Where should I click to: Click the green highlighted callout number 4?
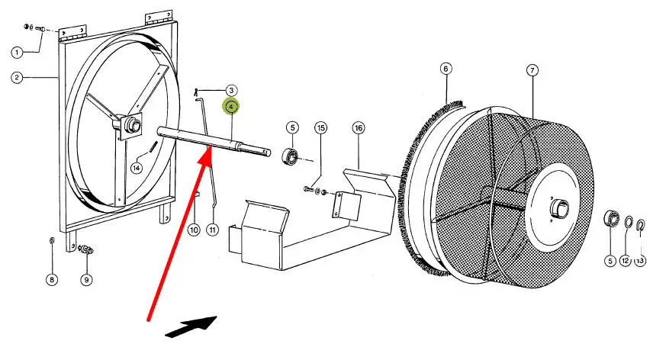coord(230,108)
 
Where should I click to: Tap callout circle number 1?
coord(18,52)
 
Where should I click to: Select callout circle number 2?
coord(18,77)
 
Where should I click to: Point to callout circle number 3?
coord(230,90)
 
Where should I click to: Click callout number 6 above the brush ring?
coord(446,69)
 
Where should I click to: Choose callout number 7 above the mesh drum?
coord(532,70)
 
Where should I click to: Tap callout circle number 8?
coord(52,280)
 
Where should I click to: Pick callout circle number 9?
coord(86,280)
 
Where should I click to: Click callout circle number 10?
coord(194,229)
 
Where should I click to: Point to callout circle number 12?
coord(625,261)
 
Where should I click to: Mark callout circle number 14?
coord(137,168)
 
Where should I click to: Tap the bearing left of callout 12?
coord(610,220)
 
